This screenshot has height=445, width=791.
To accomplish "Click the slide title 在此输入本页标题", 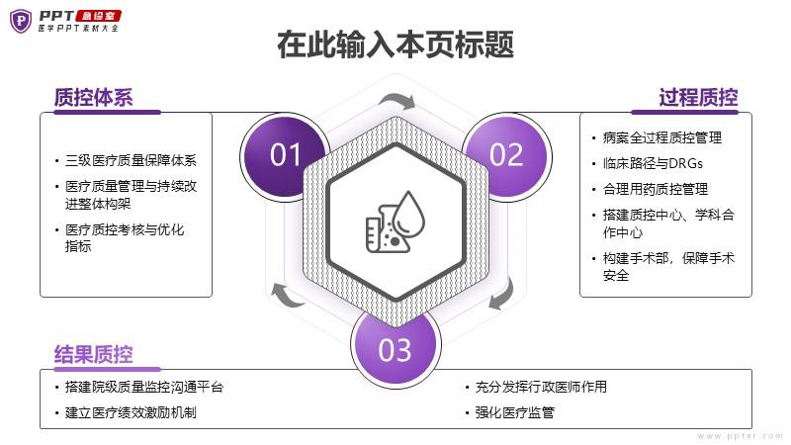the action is click(x=395, y=44).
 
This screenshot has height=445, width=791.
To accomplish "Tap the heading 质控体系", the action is click(x=93, y=97).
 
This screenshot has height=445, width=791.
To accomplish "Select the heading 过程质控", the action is click(x=698, y=97).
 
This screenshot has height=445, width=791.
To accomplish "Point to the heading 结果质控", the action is click(x=93, y=354).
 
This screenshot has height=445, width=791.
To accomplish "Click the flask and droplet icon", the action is click(x=395, y=221).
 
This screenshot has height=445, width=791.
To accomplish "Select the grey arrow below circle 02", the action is click(x=502, y=294).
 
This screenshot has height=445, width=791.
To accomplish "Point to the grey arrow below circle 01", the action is click(x=287, y=295).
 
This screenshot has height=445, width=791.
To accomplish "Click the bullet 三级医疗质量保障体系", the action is click(x=131, y=160).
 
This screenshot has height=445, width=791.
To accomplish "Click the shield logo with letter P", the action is click(x=21, y=21).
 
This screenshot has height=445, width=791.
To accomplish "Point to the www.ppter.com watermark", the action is click(x=740, y=436).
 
